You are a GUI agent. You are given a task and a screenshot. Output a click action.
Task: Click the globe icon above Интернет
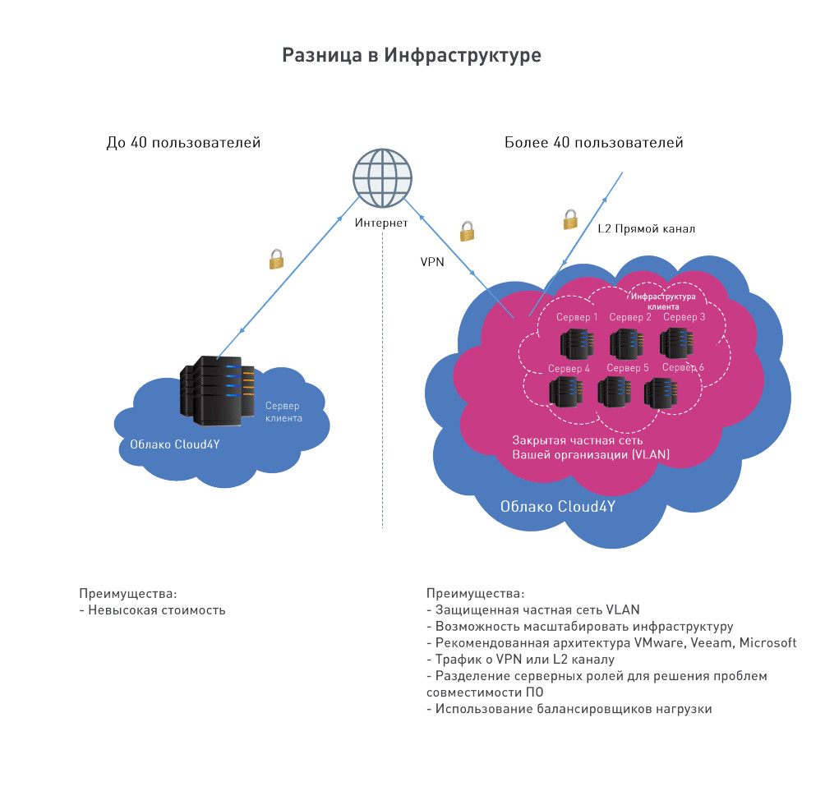tap(383, 178)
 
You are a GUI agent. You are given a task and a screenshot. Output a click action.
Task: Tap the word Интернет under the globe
tap(381, 223)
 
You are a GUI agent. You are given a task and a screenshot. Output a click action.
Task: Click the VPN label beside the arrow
tap(432, 262)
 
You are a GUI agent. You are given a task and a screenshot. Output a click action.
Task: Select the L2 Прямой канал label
tap(646, 228)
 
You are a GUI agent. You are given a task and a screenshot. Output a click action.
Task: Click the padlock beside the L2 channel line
tap(570, 220)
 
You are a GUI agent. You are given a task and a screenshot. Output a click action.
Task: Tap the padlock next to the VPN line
tap(468, 232)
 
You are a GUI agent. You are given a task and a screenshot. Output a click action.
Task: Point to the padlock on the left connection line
tap(277, 260)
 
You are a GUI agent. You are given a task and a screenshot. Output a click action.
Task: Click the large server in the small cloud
tap(217, 391)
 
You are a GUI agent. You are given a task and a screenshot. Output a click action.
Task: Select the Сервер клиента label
tap(283, 412)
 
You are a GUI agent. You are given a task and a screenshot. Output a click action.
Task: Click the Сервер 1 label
tap(577, 317)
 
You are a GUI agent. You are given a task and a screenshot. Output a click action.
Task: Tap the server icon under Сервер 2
tap(627, 344)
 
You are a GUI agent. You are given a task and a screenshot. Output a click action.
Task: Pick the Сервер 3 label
tap(684, 316)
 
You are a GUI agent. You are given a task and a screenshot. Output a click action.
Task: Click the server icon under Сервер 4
tap(565, 393)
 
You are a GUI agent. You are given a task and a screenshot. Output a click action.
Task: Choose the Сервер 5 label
tap(628, 368)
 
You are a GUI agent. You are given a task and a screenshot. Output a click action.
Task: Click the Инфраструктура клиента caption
tap(663, 301)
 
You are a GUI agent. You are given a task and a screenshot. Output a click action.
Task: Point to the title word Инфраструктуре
tap(463, 55)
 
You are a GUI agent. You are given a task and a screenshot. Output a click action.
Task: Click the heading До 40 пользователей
tap(183, 142)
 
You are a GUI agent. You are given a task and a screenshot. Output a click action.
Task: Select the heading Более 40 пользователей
tap(594, 142)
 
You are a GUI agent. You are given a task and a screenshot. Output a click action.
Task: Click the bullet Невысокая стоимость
tap(152, 610)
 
